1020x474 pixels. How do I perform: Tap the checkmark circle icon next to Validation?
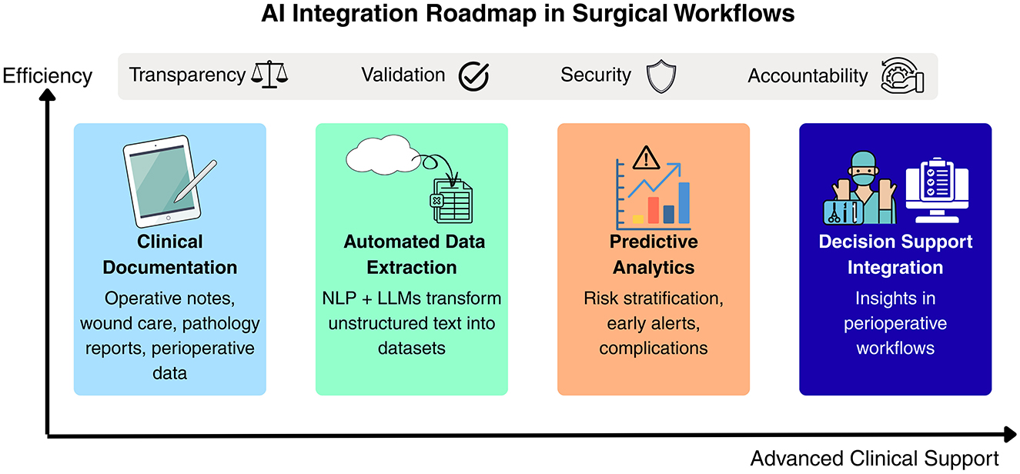[x=474, y=76]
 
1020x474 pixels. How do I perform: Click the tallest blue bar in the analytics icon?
[x=684, y=202]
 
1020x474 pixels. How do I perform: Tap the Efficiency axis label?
[x=48, y=76]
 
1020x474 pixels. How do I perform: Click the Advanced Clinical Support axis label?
[x=875, y=459]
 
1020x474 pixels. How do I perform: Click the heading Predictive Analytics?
[x=654, y=255]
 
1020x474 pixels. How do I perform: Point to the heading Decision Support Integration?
[x=895, y=255]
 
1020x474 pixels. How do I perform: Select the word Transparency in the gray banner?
[x=187, y=75]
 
